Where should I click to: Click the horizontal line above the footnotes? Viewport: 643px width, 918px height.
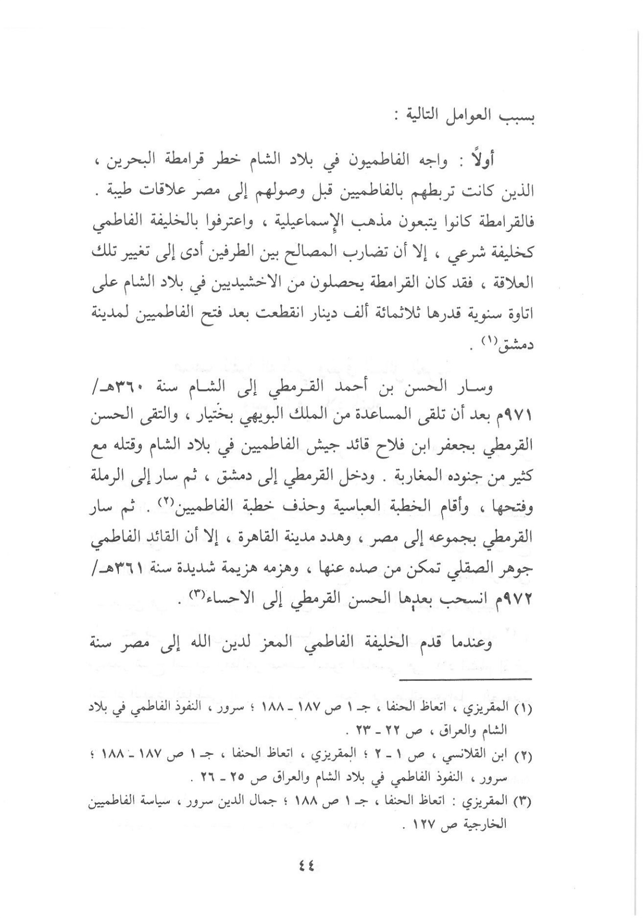tap(465, 680)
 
